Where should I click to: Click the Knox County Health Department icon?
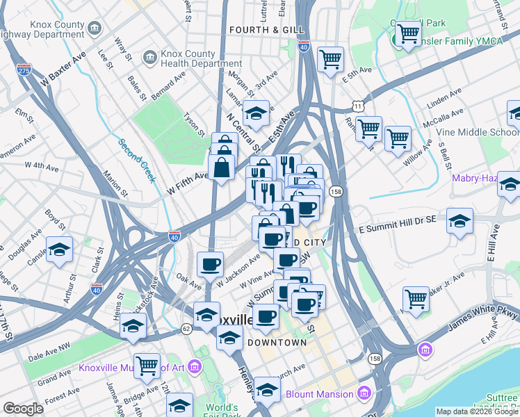(149, 56)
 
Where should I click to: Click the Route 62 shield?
(186, 328)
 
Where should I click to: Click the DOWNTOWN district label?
(277, 343)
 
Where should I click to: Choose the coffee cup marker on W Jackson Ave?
(210, 264)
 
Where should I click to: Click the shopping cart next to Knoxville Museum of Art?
(147, 364)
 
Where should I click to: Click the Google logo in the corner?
(23, 408)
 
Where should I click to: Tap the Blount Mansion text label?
(320, 395)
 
